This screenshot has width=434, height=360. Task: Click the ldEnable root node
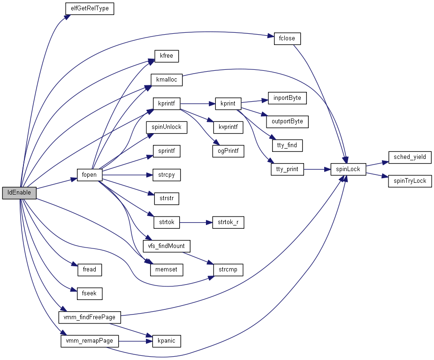coord(19,193)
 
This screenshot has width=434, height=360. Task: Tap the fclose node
coord(287,38)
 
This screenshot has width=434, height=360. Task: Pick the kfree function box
coord(167,56)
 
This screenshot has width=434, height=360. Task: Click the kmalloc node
coord(167,80)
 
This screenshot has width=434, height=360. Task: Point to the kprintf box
coord(167,104)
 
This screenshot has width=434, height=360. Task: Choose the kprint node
coord(228,104)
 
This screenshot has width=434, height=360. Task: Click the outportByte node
coord(287,121)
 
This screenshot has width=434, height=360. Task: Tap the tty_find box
coord(287,145)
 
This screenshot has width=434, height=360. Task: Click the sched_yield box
coord(410,157)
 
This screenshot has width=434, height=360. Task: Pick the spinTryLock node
coord(410,181)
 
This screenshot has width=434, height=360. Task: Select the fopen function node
coord(89,175)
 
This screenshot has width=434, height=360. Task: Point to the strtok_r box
coord(228,222)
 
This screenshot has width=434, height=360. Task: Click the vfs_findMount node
coord(167,246)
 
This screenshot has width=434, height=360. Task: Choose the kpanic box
coord(167,341)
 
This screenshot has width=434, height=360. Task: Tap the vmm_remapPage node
coord(89,341)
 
